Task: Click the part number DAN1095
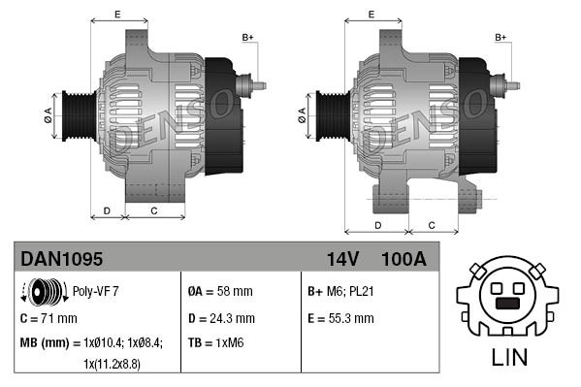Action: point(61,258)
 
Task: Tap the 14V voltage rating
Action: point(342,259)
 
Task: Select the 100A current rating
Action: point(403,259)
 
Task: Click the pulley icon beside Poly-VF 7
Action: point(45,292)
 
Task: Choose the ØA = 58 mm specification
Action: point(220,291)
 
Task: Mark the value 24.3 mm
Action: point(233,318)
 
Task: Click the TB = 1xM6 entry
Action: point(215,342)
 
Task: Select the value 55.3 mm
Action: point(351,318)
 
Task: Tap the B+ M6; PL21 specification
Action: point(340,291)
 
